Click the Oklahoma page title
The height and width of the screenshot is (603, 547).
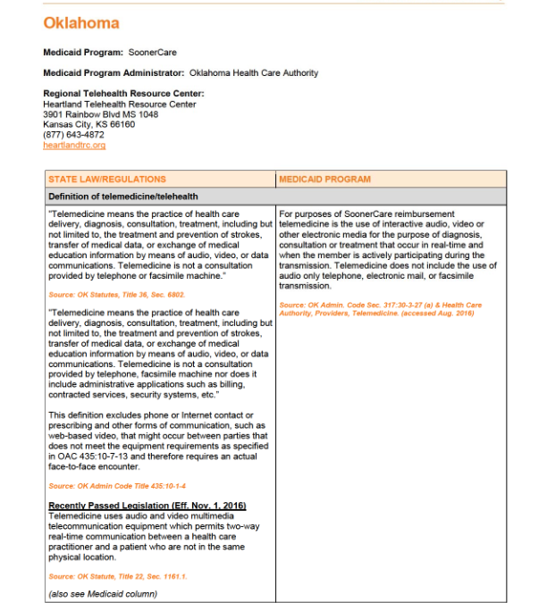click(x=81, y=23)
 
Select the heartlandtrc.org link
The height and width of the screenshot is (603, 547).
click(x=74, y=145)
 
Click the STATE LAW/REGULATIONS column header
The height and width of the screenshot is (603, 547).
click(x=107, y=180)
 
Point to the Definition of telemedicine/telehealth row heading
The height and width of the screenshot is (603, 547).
click(x=123, y=196)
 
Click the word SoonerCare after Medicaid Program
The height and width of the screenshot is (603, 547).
click(x=153, y=53)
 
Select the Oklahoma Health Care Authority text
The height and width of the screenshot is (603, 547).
click(x=254, y=72)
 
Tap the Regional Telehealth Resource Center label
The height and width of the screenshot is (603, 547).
click(x=123, y=93)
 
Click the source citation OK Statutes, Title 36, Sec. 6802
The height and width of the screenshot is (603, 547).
click(x=105, y=294)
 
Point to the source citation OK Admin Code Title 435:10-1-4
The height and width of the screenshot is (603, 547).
click(x=105, y=486)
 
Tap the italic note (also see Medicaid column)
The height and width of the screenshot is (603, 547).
click(x=103, y=593)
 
